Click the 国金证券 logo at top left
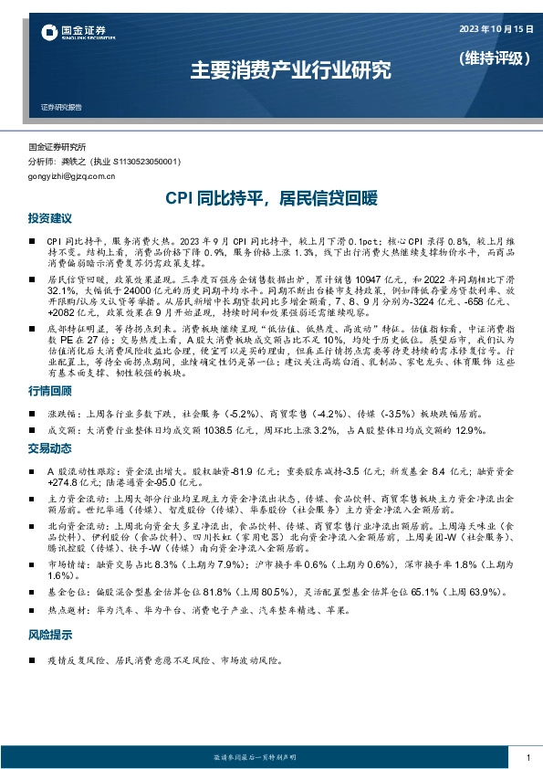(68, 35)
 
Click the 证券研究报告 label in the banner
(61, 107)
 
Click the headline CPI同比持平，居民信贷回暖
(270, 197)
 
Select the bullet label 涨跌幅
(61, 413)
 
